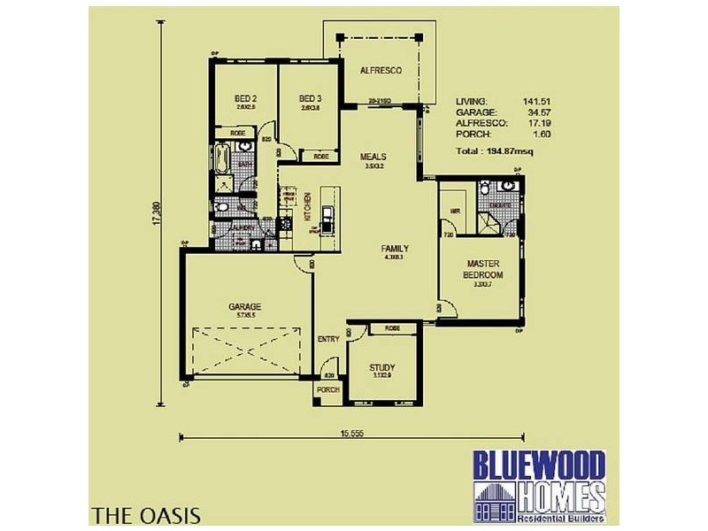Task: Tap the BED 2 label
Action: (245, 98)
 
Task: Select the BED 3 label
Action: (309, 98)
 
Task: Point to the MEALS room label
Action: (372, 157)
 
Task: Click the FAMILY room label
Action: (394, 249)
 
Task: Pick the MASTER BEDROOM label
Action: (482, 269)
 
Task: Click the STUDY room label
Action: (382, 367)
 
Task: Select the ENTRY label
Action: (327, 340)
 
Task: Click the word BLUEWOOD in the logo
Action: (538, 465)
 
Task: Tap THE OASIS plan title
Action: (145, 514)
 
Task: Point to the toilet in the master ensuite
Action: (505, 188)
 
